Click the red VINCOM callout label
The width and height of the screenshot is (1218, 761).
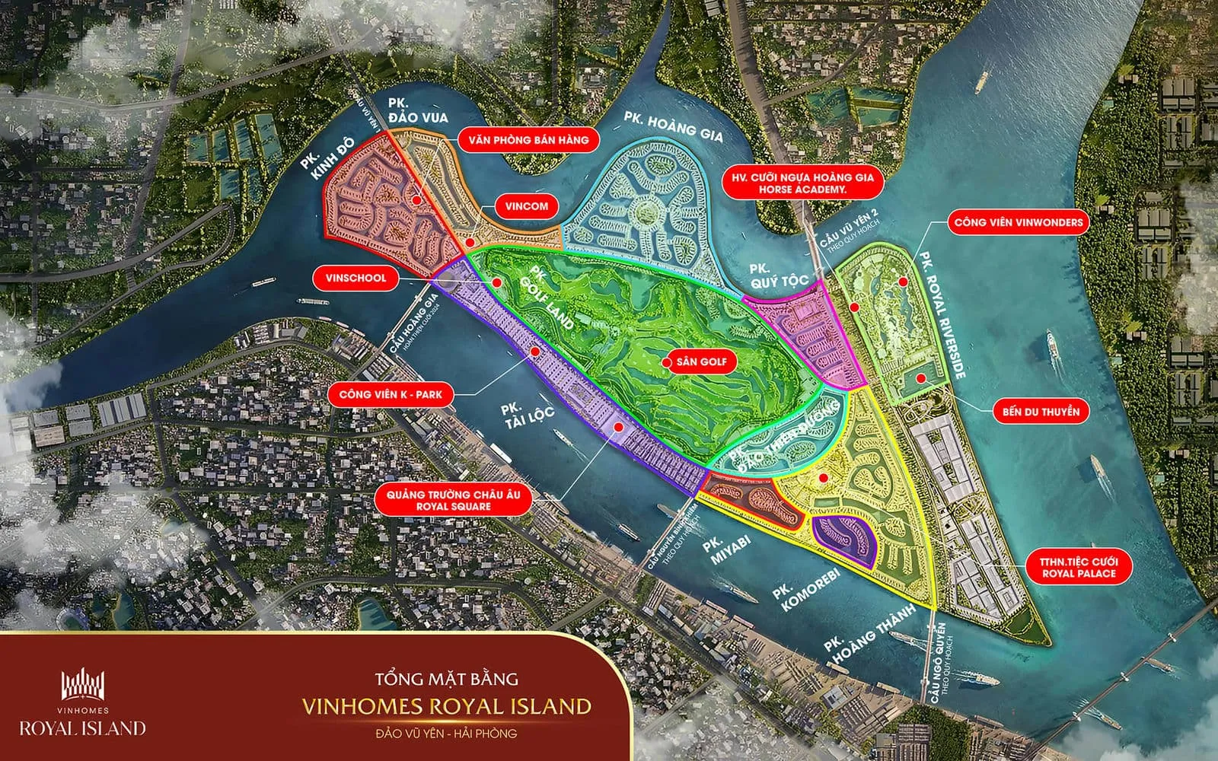point(526,206)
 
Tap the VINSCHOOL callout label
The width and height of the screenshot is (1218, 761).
point(356,279)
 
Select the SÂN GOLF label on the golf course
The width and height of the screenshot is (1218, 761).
point(701,362)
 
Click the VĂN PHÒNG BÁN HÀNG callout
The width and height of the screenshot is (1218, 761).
point(528,140)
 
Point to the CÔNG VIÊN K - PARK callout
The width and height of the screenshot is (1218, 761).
point(391,394)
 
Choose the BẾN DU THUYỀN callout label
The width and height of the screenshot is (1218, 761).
point(1041,412)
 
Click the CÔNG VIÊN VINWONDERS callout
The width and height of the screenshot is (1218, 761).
point(1018,223)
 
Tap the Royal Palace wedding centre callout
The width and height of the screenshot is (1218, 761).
point(1079,568)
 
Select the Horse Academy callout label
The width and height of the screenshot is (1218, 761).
point(802,183)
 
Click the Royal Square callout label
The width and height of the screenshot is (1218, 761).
point(453,500)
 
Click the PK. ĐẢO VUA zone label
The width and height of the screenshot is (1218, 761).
point(417,111)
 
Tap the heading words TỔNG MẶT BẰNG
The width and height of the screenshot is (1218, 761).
point(446,678)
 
